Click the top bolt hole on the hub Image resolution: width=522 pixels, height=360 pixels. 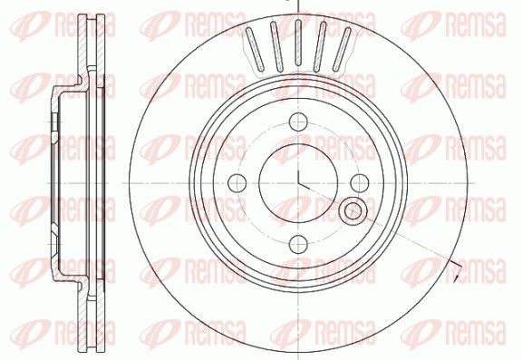(297, 122)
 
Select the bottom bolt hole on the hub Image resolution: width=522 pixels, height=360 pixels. (298, 244)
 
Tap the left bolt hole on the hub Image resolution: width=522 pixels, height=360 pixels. (237, 183)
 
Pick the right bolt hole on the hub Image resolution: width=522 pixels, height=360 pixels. (360, 183)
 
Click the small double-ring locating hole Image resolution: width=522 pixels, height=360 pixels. (353, 210)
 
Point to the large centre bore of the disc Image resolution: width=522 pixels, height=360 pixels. (298, 183)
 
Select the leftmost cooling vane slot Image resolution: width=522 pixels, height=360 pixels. (255, 49)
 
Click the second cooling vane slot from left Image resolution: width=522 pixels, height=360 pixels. (276, 46)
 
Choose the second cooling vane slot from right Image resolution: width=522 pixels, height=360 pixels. (320, 46)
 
